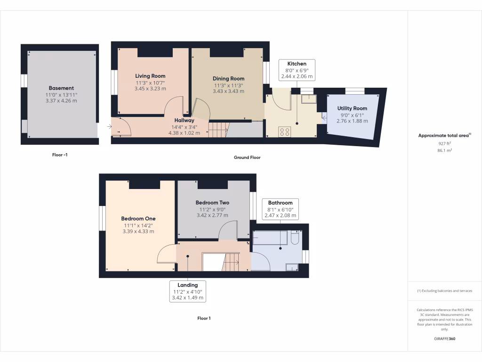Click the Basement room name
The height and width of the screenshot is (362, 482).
click(61, 88)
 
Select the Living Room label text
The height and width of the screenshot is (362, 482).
click(150, 76)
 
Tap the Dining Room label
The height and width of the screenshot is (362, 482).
click(228, 79)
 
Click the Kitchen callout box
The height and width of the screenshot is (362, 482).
click(297, 70)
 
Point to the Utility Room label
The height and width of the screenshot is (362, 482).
click(352, 108)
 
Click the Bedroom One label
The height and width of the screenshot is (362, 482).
click(138, 219)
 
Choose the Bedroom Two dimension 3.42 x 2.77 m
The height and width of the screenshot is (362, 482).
click(213, 215)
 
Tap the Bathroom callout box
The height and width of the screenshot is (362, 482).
click(280, 209)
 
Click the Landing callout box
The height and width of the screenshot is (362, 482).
click(187, 291)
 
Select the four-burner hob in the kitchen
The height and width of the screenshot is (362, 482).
click(284, 132)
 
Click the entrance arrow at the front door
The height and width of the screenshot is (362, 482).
click(109, 126)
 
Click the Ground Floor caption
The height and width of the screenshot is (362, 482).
click(247, 157)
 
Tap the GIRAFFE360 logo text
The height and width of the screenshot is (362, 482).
click(445, 339)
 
